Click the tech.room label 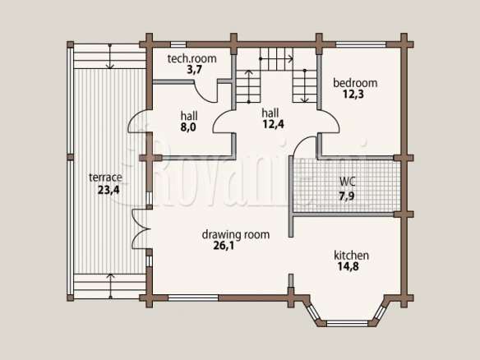click(192, 58)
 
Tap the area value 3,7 click(195, 70)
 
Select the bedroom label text click(355, 83)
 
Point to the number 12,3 click(353, 95)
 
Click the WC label click(348, 182)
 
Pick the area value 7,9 click(347, 196)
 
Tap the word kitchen click(351, 255)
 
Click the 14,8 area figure click(348, 266)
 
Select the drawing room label click(236, 234)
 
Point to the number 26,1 click(224, 246)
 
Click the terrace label click(105, 178)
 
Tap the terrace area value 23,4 click(108, 190)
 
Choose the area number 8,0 click(188, 127)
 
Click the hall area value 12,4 click(273, 124)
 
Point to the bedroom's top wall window click(361, 44)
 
